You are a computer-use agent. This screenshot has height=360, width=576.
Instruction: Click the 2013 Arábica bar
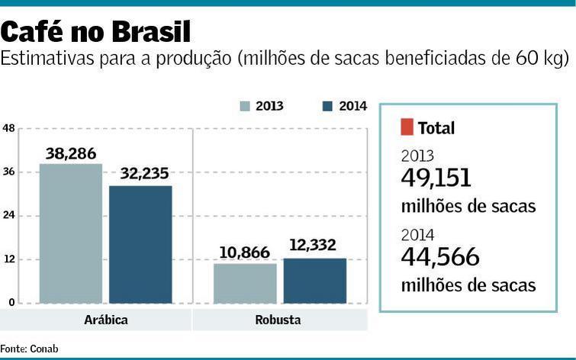coord(70,233)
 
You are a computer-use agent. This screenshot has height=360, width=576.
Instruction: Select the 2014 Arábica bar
coord(140,244)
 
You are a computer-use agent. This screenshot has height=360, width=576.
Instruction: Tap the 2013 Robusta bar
coord(245,283)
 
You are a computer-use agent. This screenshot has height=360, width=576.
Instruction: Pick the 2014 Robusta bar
coord(314,281)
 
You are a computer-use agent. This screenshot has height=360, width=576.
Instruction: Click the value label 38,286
coord(71,153)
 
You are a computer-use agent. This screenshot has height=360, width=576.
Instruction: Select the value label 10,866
coord(244,252)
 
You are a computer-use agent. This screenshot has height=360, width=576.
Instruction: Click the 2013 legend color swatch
coord(245,107)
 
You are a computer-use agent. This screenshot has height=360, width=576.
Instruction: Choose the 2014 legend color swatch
coord(327,107)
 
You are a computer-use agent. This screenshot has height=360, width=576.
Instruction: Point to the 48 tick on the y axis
coord(8,128)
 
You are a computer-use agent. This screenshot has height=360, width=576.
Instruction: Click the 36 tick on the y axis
coord(8,172)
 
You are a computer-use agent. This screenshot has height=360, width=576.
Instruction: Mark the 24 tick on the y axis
coord(8,216)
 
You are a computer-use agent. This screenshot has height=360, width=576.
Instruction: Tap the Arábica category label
coord(105,320)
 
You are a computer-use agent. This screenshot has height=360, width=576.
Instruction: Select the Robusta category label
coord(278,320)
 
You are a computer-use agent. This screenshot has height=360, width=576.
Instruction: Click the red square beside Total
coord(406,127)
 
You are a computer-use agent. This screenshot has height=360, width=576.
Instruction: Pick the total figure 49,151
coord(436,178)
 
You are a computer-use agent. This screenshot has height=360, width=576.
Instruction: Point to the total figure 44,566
coord(440,258)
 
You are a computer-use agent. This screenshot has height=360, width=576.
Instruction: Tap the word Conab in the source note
coord(43,349)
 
